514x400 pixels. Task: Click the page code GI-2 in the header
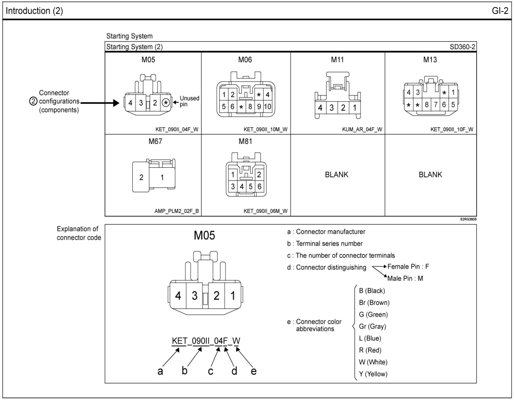coord(500,11)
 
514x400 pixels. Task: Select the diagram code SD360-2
coord(462,47)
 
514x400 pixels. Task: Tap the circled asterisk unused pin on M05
coord(166,103)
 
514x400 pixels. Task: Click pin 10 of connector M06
coord(268,107)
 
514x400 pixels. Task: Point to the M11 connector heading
coord(337,60)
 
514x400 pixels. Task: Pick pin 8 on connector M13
coord(427,105)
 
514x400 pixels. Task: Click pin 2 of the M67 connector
coord(141,177)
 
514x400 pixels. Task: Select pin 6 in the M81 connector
coord(259,186)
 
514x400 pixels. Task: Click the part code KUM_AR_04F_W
coord(362,130)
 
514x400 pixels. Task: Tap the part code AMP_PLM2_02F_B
coord(176,211)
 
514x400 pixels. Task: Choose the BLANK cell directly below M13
coord(430,175)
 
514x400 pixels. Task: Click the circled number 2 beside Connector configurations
coord(33,101)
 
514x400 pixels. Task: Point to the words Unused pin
coord(189,101)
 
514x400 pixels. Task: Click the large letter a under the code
coord(160,371)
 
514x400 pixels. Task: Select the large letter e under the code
coord(254,371)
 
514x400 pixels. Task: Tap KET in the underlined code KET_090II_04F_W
coord(179,341)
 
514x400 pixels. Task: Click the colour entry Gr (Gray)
coord(372,326)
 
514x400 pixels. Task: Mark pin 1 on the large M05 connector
coord(233,296)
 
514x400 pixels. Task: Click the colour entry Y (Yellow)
coord(373,374)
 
